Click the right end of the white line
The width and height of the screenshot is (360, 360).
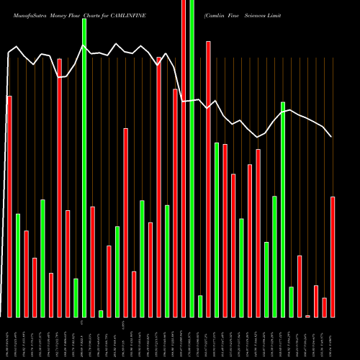click(332, 137)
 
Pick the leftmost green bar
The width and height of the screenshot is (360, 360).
click(18, 266)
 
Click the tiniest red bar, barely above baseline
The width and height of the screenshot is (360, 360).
click(307, 316)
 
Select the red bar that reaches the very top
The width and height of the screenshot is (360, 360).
click(184, 158)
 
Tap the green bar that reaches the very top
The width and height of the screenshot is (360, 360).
click(192, 158)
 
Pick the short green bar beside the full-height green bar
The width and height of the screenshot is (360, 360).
click(200, 306)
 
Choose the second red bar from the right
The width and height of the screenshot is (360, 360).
click(324, 307)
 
